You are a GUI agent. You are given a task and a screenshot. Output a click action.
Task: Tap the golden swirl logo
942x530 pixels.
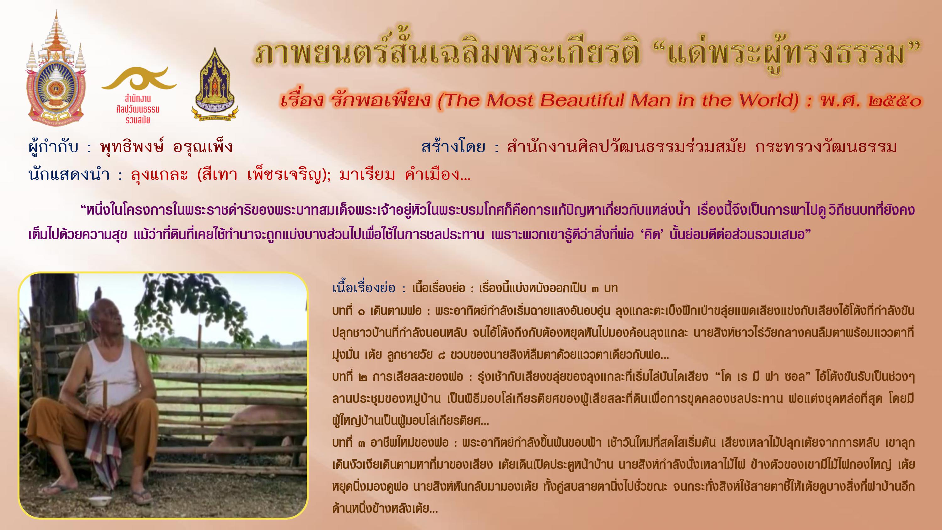click(139, 78)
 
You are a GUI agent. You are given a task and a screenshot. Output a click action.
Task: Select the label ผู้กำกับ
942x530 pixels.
click(53, 147)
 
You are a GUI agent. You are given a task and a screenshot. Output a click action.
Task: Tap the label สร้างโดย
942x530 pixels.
click(453, 147)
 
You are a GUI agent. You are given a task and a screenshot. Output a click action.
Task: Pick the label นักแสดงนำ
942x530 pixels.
click(69, 175)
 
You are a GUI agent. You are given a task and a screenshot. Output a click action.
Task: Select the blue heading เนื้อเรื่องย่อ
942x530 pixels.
click(364, 288)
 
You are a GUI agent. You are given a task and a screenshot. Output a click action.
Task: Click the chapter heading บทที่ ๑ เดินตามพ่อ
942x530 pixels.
click(377, 311)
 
